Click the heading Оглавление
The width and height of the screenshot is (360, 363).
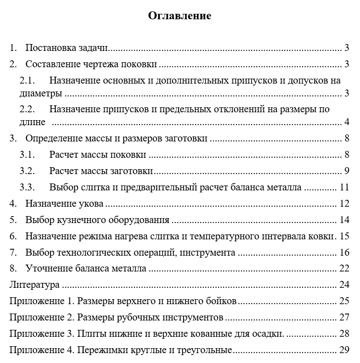[180, 16]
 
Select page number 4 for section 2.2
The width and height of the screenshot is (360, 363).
[347, 122]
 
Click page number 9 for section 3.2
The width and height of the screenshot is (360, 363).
[347, 171]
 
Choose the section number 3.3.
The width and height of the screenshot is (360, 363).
[28, 187]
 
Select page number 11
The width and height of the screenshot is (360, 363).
[345, 187]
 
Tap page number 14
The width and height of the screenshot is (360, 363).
[345, 220]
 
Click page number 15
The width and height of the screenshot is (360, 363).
[345, 236]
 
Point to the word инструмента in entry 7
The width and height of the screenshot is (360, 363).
[207, 253]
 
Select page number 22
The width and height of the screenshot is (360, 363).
[345, 269]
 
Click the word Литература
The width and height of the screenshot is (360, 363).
[35, 285]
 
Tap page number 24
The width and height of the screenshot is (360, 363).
[345, 285]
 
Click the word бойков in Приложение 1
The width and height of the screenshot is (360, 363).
[224, 301]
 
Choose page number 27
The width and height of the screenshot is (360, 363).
[345, 318]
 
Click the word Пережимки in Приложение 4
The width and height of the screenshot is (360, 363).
[97, 350]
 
